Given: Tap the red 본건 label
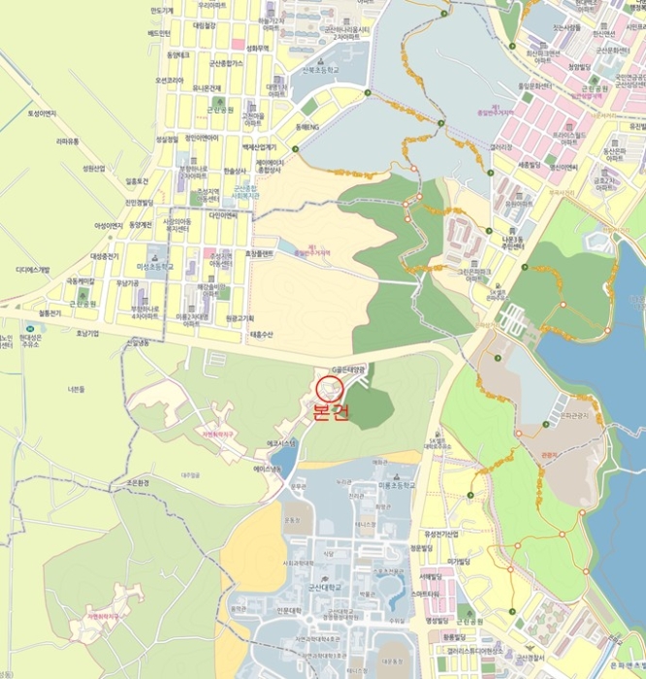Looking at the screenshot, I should [x=330, y=411].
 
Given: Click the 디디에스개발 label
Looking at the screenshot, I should [x=32, y=269].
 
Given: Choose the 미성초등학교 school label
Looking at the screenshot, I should [x=155, y=265].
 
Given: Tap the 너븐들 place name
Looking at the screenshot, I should [x=78, y=389].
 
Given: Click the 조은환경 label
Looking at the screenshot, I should [x=131, y=482].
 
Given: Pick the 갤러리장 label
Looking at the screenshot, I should [x=501, y=147].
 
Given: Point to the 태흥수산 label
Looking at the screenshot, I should [x=263, y=335].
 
